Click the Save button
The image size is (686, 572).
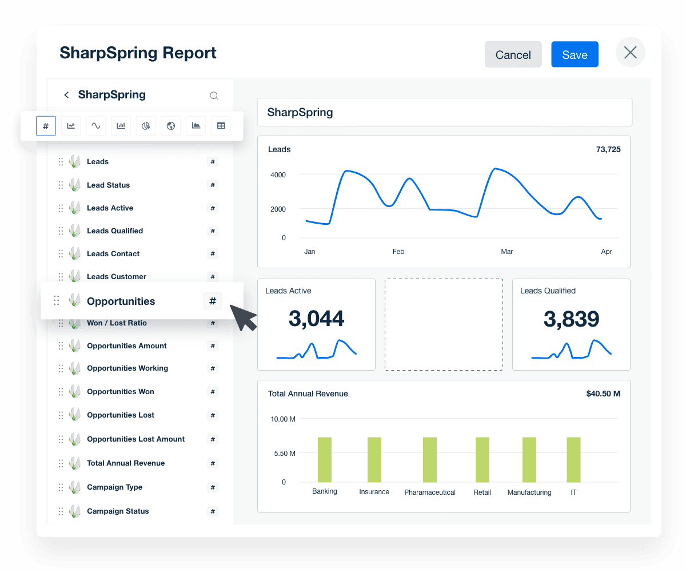(x=575, y=54)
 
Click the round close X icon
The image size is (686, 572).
(x=631, y=53)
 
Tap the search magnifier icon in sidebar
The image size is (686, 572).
(x=214, y=96)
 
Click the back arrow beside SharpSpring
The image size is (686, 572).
(x=66, y=95)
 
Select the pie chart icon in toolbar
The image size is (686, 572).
(x=146, y=126)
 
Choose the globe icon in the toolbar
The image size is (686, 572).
(x=171, y=126)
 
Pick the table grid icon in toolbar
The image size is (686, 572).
(x=221, y=126)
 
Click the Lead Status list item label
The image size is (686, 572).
(x=108, y=185)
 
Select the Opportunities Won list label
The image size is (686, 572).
(x=120, y=392)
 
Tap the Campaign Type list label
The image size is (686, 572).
(x=114, y=487)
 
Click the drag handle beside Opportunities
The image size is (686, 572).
(x=57, y=300)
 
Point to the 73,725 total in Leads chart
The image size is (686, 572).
(x=608, y=150)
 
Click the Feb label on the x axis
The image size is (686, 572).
(x=398, y=252)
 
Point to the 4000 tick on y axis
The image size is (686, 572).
(x=278, y=174)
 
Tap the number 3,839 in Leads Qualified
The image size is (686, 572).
(x=571, y=319)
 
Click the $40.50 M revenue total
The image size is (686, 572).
(x=603, y=394)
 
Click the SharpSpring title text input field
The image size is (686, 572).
(x=444, y=112)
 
